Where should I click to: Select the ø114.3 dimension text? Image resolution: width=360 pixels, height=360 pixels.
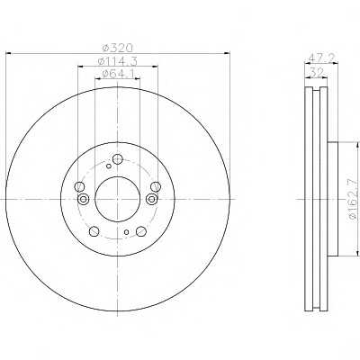click(x=118, y=61)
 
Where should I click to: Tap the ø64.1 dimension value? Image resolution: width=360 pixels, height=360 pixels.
click(x=118, y=76)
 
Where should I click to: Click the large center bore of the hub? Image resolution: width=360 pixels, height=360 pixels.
click(x=117, y=196)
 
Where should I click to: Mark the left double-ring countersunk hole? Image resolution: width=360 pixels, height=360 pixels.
click(x=82, y=200)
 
